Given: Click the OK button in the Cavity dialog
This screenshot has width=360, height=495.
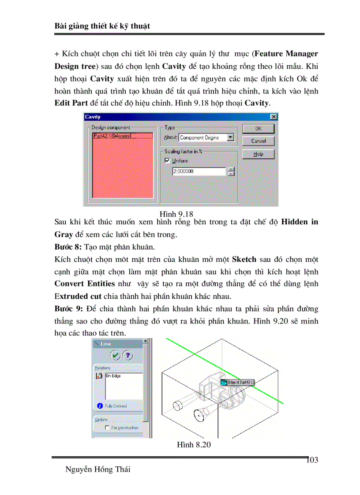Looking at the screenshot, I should tap(258, 129).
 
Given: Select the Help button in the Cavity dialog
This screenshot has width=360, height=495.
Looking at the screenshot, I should tap(258, 154).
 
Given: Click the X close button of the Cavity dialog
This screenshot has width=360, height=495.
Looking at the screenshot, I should tap(274, 117).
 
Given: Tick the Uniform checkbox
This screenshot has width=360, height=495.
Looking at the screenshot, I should tap(167, 161).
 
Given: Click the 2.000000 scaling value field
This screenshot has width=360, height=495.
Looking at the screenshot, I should tap(199, 171).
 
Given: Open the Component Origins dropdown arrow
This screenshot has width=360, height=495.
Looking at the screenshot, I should tap(230, 138).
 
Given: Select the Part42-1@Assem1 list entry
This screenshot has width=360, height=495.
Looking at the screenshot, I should tap(112, 136).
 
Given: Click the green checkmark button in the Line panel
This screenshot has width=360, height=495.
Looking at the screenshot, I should tap(115, 355).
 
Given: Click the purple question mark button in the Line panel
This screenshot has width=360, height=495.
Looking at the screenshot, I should tap(127, 355).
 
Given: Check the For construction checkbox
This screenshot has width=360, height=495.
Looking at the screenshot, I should tap(107, 428).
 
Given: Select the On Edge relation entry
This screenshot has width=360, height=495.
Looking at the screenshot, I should tap(113, 376).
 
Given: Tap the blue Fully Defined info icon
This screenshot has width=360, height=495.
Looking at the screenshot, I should tap(100, 406).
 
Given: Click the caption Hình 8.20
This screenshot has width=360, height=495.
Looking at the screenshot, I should tap(194, 445).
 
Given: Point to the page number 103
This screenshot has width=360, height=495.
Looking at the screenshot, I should tap(312, 460).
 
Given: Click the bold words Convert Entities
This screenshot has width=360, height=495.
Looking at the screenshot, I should tap(84, 283).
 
